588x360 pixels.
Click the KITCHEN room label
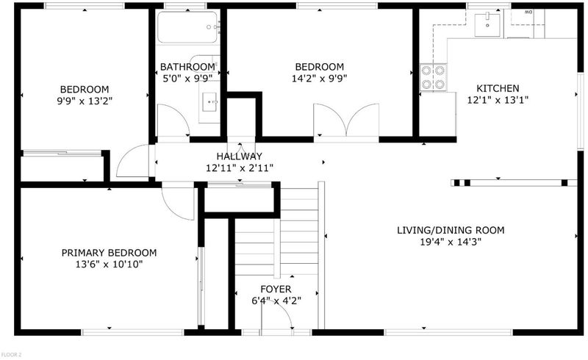(498, 88)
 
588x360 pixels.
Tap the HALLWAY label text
(240, 156)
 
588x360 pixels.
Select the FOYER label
(276, 289)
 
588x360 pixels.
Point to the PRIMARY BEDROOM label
(109, 253)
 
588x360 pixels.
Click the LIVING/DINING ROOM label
(451, 230)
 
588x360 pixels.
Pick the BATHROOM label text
(187, 67)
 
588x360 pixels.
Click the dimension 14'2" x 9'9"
(320, 79)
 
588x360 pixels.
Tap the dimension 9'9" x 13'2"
(85, 101)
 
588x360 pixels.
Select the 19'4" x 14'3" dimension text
(451, 242)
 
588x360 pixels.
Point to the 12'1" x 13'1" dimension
(498, 100)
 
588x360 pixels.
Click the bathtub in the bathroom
(187, 27)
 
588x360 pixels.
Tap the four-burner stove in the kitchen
(433, 77)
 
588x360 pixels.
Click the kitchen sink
(487, 25)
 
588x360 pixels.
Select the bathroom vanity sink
(209, 102)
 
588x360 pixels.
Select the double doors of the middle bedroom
(346, 120)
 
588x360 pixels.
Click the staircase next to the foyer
(277, 231)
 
